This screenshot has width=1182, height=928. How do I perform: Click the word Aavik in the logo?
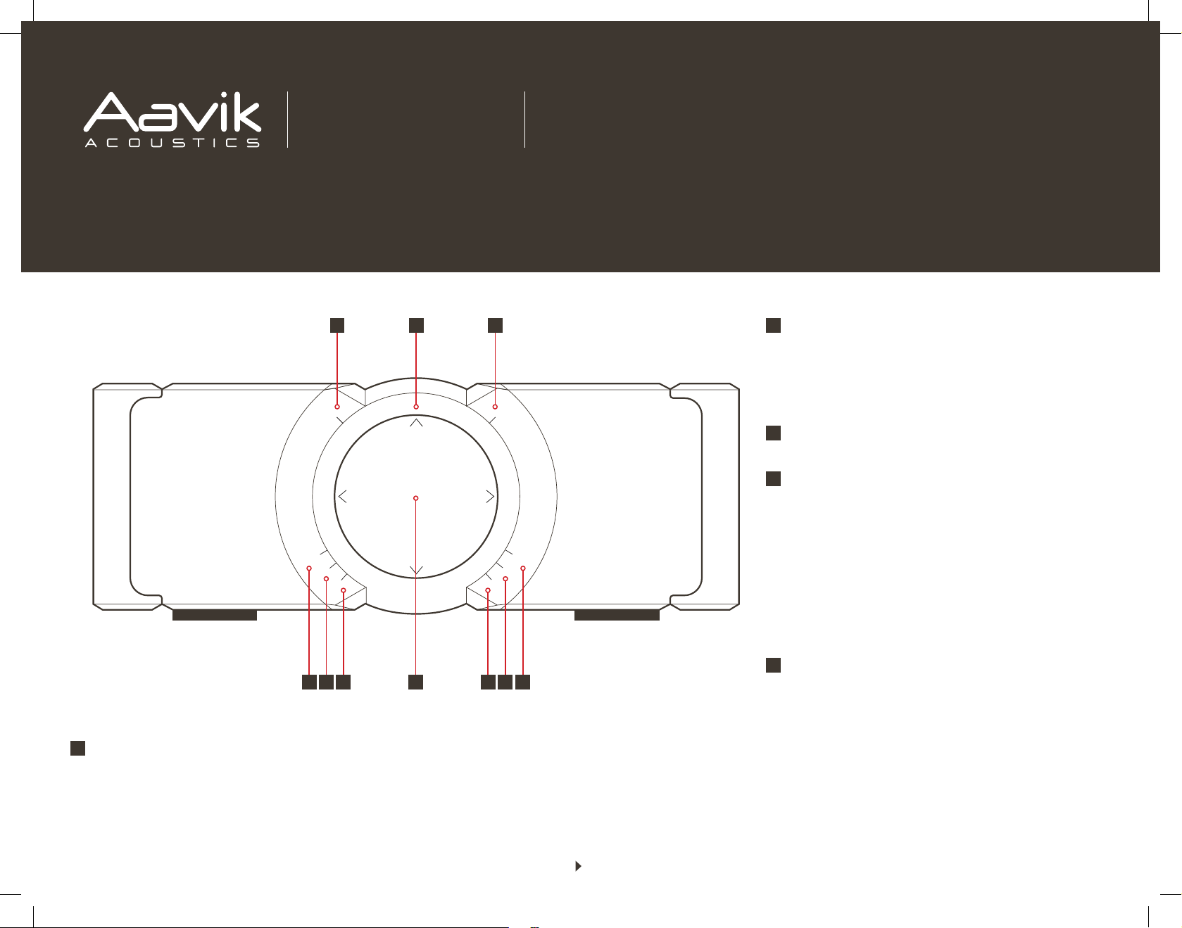(172, 112)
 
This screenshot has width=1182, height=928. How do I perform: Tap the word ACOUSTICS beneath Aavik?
(172, 143)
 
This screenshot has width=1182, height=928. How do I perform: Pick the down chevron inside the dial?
(416, 570)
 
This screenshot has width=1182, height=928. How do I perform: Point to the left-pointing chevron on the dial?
(342, 497)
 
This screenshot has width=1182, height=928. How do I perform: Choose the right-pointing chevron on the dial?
(491, 497)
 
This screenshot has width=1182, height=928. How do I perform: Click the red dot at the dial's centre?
(416, 498)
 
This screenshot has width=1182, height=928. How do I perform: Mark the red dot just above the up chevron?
(416, 407)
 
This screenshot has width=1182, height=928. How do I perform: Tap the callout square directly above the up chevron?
(416, 325)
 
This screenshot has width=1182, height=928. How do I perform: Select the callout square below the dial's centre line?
(416, 682)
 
